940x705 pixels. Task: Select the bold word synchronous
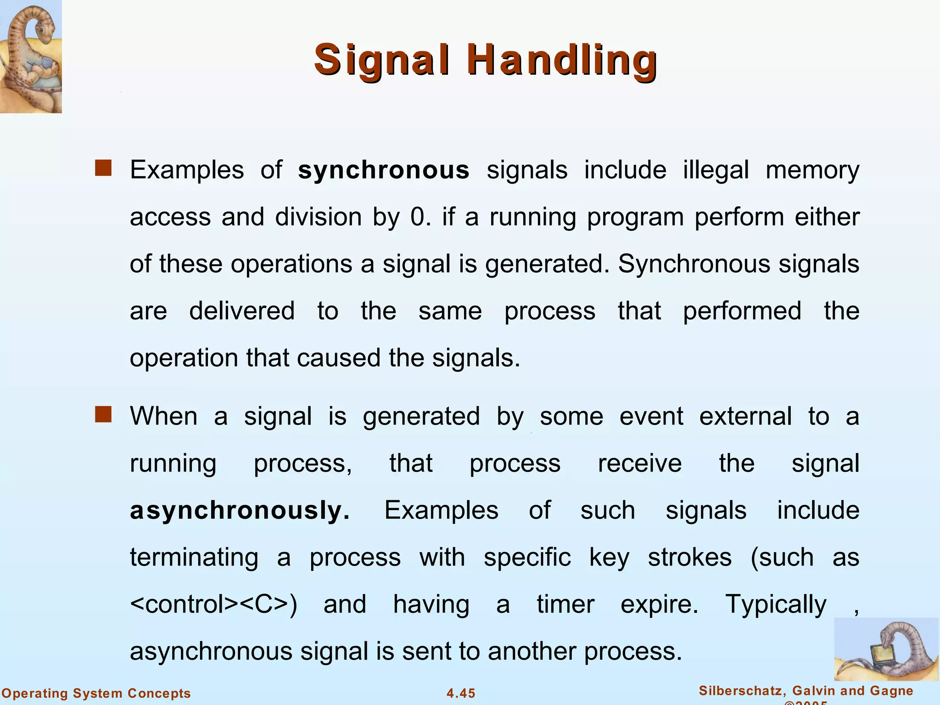(384, 170)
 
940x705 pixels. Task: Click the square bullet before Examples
(103, 168)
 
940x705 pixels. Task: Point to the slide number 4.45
(461, 693)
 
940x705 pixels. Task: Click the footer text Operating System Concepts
(96, 693)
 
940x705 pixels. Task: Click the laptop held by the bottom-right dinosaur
(879, 656)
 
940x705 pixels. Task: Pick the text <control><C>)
(214, 604)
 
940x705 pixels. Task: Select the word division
(319, 217)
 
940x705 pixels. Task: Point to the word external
(745, 416)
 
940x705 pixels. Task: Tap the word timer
(565, 604)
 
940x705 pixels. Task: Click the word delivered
(242, 311)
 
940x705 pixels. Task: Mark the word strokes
(689, 557)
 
